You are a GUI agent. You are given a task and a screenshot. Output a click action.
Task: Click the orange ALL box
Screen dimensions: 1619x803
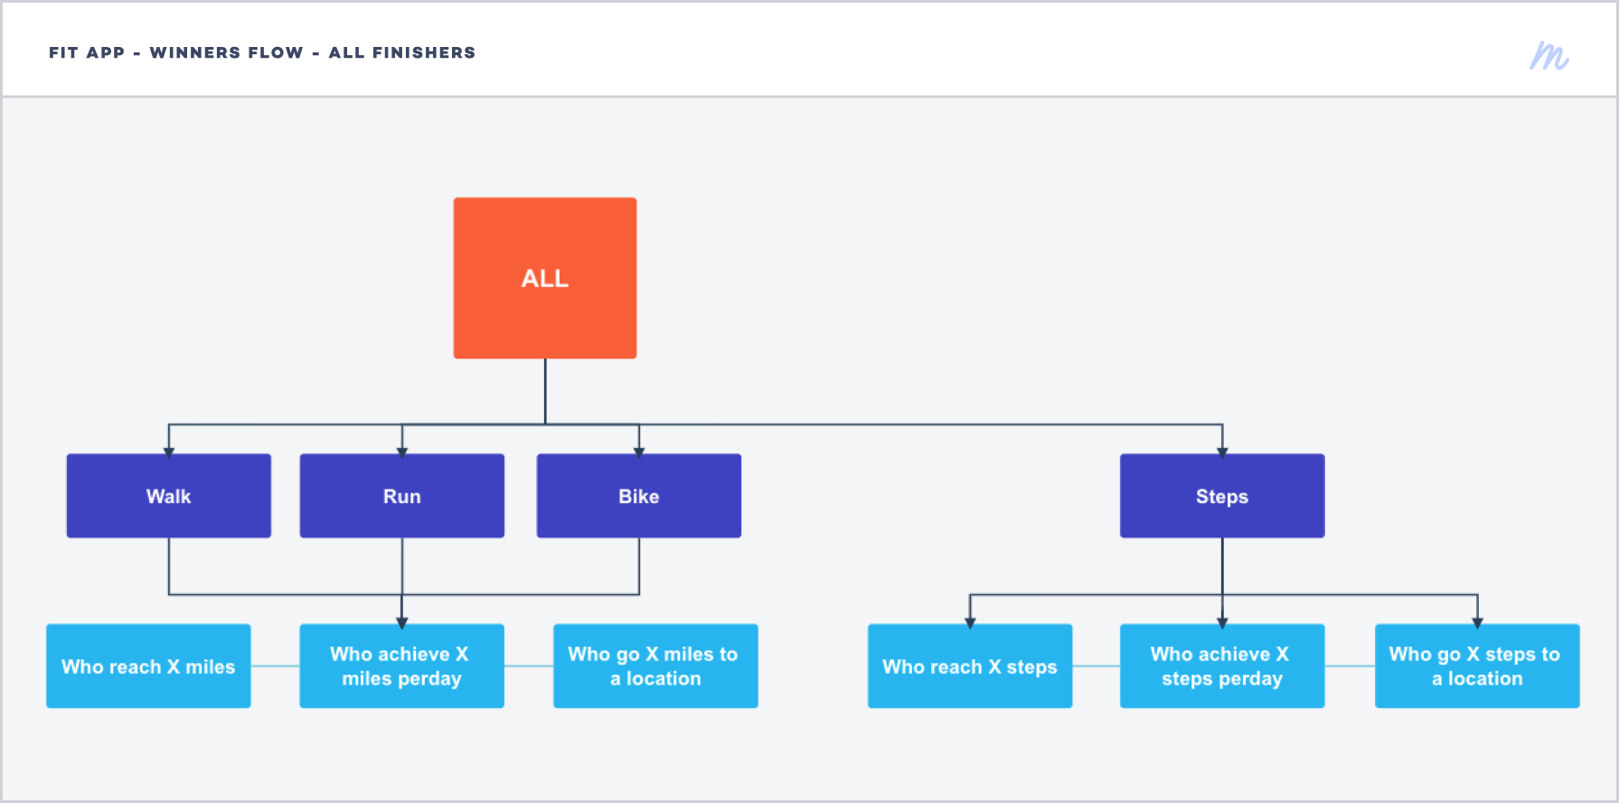pos(545,278)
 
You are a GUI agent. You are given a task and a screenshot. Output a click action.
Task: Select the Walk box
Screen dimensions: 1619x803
pos(169,496)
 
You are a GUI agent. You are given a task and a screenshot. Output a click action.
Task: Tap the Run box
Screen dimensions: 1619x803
pos(402,496)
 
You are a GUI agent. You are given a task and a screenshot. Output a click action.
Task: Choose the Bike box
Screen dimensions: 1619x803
pos(639,496)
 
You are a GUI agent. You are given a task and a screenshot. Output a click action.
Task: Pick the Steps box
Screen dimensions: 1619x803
pos(1222,496)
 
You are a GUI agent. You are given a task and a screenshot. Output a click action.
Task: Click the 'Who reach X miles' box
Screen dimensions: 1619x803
pos(148,666)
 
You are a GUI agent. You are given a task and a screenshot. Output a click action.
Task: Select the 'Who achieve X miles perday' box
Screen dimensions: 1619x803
pos(402,666)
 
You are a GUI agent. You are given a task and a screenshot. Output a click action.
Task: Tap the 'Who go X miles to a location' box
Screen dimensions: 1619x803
pos(655,666)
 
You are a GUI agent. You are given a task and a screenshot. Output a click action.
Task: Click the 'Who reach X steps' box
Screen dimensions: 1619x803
pos(970,666)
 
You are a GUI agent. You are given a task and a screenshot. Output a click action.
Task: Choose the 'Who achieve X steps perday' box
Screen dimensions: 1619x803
pos(1222,666)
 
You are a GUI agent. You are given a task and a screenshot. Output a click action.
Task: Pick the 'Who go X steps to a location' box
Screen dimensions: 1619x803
pos(1477,666)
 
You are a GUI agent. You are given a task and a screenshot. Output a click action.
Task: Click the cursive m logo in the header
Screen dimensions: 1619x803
pos(1549,56)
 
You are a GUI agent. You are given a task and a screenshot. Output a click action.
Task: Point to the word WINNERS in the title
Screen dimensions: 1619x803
pos(226,52)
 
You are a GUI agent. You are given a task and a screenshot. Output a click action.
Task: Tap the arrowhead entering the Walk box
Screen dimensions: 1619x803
pos(169,452)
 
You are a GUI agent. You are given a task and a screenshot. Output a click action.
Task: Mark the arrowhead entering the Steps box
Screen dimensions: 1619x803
pos(1222,452)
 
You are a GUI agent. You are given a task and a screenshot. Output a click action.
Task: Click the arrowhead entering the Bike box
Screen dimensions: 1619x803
pos(639,452)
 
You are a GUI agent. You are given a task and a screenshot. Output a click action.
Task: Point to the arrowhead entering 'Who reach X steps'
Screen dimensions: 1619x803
pos(970,622)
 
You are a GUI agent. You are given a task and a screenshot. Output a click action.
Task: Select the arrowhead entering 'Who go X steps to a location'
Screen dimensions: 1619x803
pos(1477,622)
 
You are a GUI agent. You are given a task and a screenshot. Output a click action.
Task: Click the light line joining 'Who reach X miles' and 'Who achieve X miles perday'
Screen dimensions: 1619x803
pos(275,666)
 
